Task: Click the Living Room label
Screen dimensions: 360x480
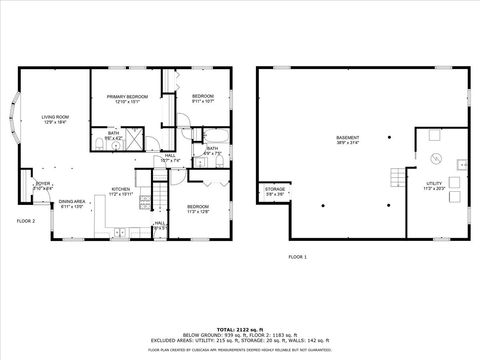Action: click(x=54, y=118)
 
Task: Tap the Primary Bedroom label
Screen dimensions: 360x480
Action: click(x=127, y=98)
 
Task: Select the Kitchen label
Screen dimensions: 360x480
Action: click(x=121, y=190)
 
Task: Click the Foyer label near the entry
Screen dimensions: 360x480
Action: click(x=43, y=185)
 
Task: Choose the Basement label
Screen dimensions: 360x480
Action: click(x=347, y=139)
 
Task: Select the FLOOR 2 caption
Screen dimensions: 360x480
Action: click(x=25, y=220)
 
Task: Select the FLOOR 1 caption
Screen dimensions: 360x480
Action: click(x=297, y=257)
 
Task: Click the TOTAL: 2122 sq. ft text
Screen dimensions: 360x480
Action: click(x=240, y=327)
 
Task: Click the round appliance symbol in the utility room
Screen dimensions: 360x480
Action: click(x=435, y=158)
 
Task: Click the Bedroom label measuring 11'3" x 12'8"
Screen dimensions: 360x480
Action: click(x=197, y=209)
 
